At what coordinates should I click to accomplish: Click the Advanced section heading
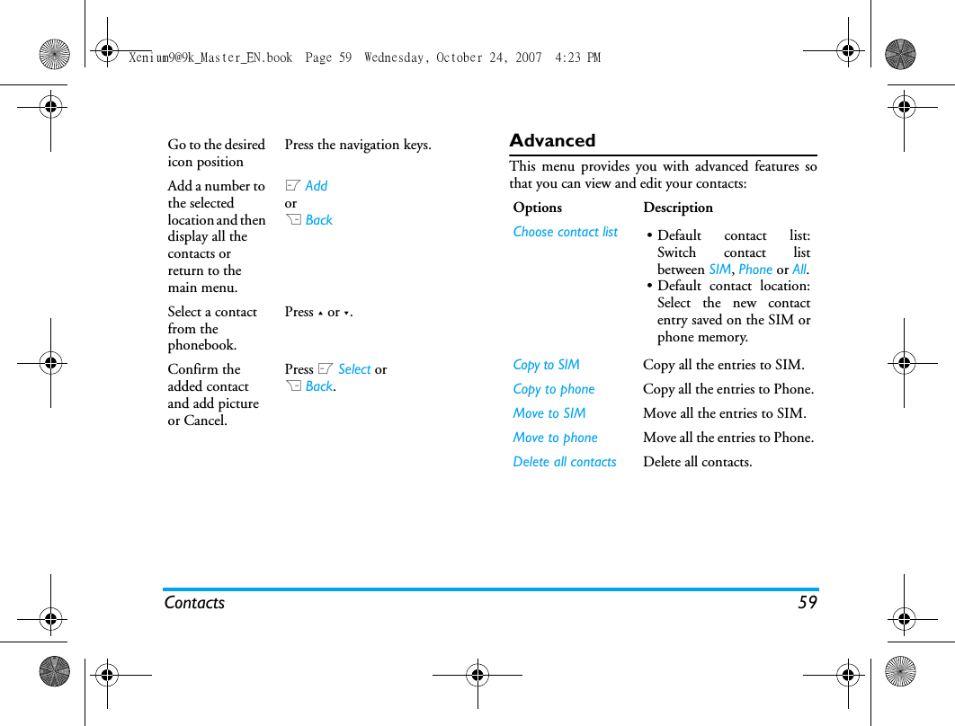coord(552,140)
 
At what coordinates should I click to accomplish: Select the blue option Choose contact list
coord(565,232)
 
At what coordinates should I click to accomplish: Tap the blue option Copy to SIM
coord(546,365)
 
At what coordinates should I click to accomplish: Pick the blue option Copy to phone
coord(553,389)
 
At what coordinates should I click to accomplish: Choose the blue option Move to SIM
coord(549,413)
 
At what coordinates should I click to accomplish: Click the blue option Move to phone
coord(555,438)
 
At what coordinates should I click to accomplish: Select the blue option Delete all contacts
coord(564,462)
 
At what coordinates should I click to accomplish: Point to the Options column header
coord(537,208)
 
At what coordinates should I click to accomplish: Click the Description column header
coord(677,208)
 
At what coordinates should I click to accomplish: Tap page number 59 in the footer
coord(807,602)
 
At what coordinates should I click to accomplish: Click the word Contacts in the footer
coord(194,602)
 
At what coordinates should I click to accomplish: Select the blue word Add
coord(317,186)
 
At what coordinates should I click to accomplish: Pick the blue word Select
coord(354,369)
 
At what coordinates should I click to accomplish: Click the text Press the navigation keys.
coord(358,145)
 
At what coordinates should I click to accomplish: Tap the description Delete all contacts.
coord(697,462)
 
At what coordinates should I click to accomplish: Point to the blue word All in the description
coord(799,270)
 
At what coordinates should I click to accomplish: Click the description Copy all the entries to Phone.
coord(727,389)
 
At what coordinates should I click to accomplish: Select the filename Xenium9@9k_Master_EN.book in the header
coord(210,58)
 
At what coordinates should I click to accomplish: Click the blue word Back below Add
coord(318,220)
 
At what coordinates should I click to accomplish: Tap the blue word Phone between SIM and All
coord(755,270)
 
